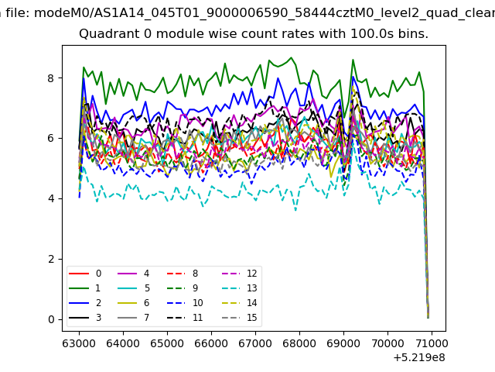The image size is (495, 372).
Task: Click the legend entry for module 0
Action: pyautogui.click(x=85, y=274)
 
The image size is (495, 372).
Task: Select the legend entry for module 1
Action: pyautogui.click(x=84, y=288)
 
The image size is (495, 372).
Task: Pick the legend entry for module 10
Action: pyautogui.click(x=185, y=303)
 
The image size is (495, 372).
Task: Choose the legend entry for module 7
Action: pyautogui.click(x=134, y=317)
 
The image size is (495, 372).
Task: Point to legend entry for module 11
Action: pyautogui.click(x=185, y=317)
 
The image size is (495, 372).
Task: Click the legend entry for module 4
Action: pyautogui.click(x=134, y=274)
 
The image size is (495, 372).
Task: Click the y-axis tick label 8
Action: pyautogui.click(x=51, y=78)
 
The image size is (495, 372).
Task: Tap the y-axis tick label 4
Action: pyautogui.click(x=51, y=199)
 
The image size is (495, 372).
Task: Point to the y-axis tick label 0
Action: pyautogui.click(x=51, y=319)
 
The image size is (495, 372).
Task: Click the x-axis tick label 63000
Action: pyautogui.click(x=79, y=343)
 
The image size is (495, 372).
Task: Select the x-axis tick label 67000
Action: pyautogui.click(x=255, y=343)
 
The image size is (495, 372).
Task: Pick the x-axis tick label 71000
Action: pyautogui.click(x=432, y=343)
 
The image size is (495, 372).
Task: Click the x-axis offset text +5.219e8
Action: pyautogui.click(x=419, y=358)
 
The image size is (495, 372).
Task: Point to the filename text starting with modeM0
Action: pyautogui.click(x=265, y=13)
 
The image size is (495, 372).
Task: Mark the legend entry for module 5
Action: pyautogui.click(x=134, y=288)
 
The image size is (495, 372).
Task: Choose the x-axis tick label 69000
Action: pyautogui.click(x=343, y=343)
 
